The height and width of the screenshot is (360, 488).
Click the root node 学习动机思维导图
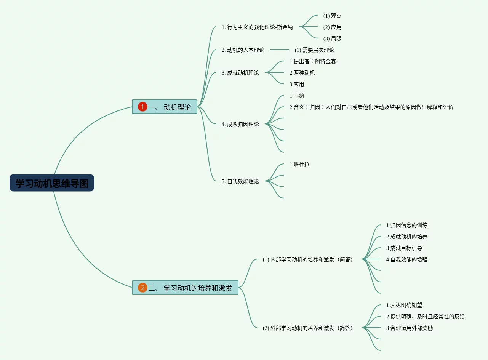(52, 183)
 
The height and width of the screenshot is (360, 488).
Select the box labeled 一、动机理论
(165, 107)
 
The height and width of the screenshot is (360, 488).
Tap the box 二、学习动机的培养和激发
(185, 288)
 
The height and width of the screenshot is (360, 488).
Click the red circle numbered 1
(142, 107)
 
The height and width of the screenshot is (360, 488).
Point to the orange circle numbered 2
(142, 288)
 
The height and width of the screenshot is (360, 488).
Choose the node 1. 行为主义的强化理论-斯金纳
(257, 27)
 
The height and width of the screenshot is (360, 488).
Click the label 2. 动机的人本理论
(243, 50)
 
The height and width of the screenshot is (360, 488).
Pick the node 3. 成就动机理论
(240, 73)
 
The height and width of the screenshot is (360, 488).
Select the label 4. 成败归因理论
(240, 124)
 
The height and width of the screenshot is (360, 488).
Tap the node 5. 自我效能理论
(240, 181)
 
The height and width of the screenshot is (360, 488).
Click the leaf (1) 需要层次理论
(314, 50)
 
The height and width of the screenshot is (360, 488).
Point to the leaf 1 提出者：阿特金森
(313, 61)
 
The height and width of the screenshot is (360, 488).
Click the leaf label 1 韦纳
(297, 96)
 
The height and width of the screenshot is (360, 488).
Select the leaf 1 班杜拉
(299, 164)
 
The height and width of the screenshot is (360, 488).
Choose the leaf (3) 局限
(332, 38)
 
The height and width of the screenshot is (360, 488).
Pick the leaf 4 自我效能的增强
(407, 259)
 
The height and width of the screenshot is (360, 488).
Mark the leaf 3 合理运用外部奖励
(410, 328)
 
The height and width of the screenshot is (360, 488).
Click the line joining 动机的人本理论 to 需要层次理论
(280, 50)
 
